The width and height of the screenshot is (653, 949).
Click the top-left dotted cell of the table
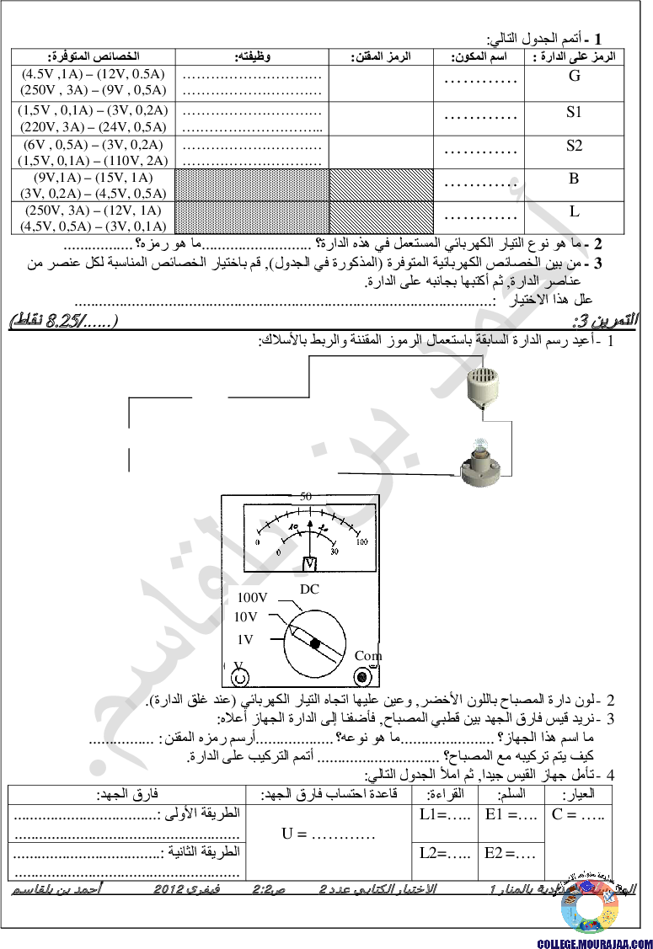[x=251, y=184]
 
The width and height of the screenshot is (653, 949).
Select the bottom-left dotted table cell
[x=251, y=216]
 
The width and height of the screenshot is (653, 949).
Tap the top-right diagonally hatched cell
[x=381, y=184]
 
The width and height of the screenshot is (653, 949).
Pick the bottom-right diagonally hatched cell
[x=381, y=216]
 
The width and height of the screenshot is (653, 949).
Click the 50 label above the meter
[x=307, y=496]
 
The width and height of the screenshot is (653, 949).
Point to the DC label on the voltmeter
[x=310, y=589]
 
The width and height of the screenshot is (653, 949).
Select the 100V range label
[x=252, y=597]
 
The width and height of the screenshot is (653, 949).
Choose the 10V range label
[x=245, y=616]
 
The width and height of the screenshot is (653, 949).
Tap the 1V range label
[x=246, y=639]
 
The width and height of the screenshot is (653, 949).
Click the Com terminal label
[x=368, y=655]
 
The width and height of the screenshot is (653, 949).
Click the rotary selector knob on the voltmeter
[x=313, y=644]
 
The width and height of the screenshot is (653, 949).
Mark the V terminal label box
[x=236, y=664]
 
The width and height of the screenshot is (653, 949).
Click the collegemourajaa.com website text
[x=594, y=943]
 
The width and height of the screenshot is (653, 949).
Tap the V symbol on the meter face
[x=309, y=563]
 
